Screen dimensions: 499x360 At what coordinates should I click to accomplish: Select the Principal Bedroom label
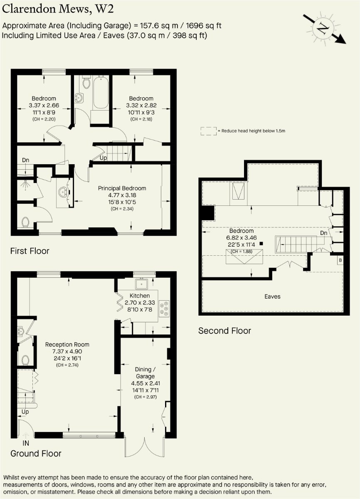pyautogui.click(x=122, y=188)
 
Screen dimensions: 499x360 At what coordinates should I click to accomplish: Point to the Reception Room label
pyautogui.click(x=67, y=344)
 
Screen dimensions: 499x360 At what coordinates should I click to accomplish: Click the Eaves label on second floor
pyautogui.click(x=272, y=296)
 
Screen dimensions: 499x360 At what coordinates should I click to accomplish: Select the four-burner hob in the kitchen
pyautogui.click(x=164, y=309)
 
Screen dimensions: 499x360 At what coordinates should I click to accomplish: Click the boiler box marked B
pyautogui.click(x=340, y=260)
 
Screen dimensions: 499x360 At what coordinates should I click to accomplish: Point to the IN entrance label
pyautogui.click(x=26, y=443)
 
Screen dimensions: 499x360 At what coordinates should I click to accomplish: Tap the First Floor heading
pyautogui.click(x=30, y=251)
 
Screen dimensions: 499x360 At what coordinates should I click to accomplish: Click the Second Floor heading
pyautogui.click(x=224, y=331)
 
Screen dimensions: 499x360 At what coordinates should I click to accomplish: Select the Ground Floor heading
pyautogui.click(x=36, y=453)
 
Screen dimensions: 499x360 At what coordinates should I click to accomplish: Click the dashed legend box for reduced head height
pyautogui.click(x=208, y=131)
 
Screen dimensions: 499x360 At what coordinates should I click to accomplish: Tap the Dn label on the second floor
pyautogui.click(x=323, y=233)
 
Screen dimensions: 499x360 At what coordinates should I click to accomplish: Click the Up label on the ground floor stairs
pyautogui.click(x=25, y=412)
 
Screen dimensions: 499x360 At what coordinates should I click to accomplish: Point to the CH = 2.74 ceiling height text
pyautogui.click(x=67, y=365)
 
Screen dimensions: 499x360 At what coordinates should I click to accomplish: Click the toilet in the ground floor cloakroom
pyautogui.click(x=25, y=359)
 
